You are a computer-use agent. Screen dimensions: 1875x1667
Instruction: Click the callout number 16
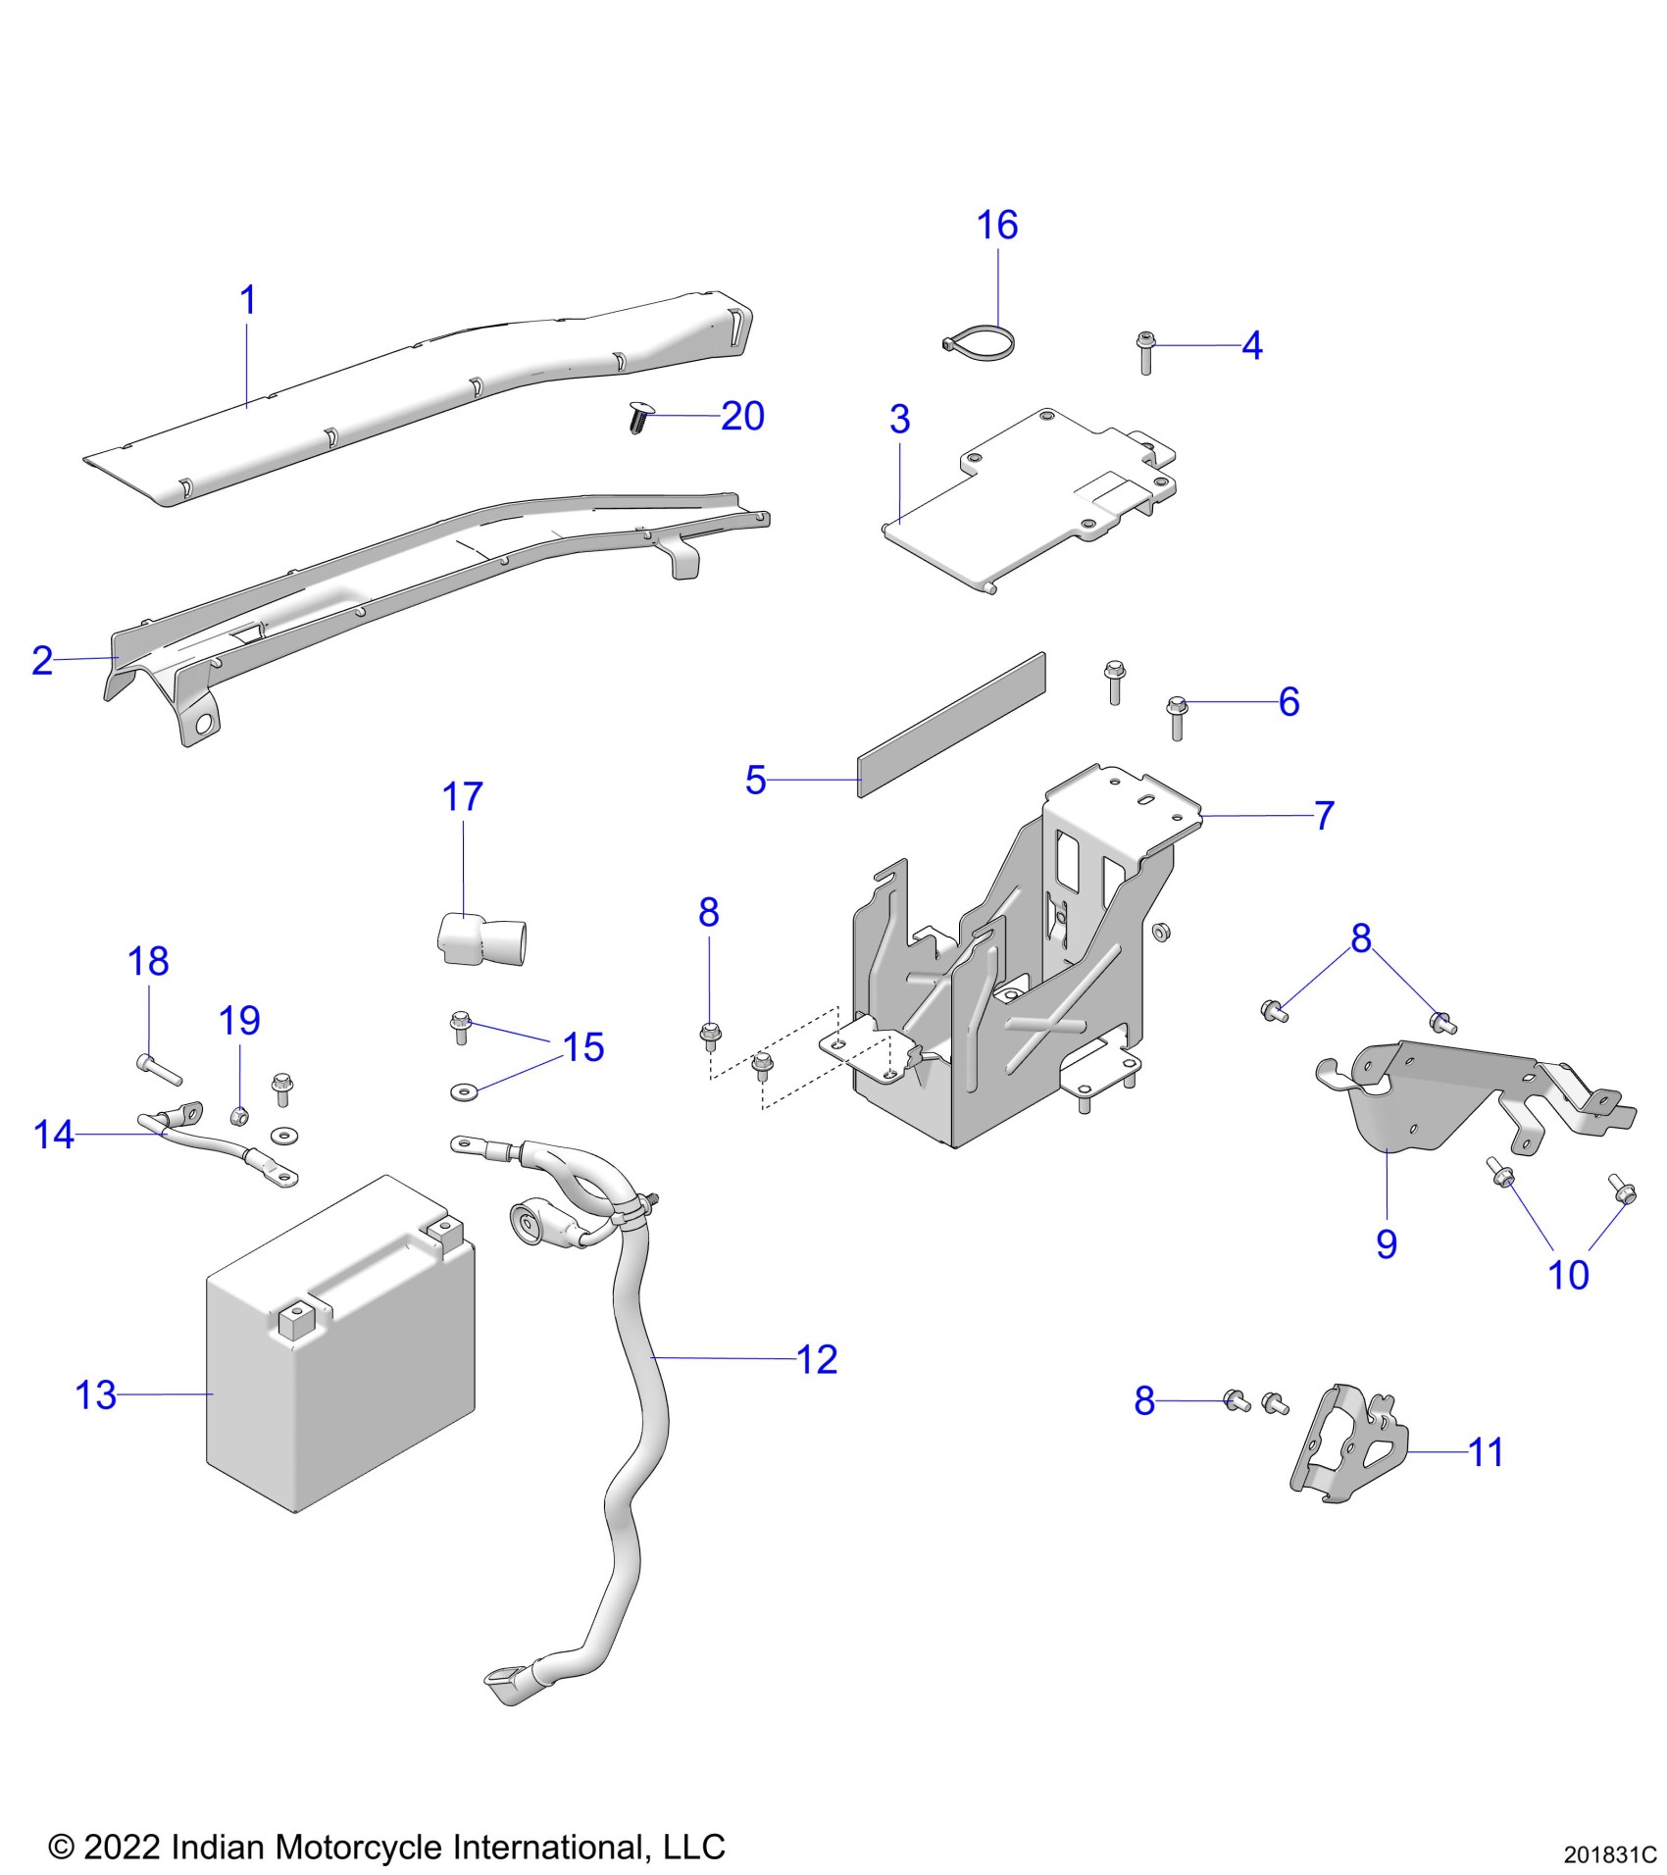coord(997,226)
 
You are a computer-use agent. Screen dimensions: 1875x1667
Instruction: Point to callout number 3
coord(899,420)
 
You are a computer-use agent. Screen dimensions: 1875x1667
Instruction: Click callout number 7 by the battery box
coord(1324,815)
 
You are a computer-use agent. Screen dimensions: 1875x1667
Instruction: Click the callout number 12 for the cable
coord(817,1359)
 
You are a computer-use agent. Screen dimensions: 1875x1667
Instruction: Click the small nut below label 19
coord(236,1115)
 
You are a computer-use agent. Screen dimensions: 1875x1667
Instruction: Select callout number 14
coord(53,1135)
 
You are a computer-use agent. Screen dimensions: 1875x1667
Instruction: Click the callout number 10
coord(1567,1275)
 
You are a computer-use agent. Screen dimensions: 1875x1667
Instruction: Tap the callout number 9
coord(1386,1243)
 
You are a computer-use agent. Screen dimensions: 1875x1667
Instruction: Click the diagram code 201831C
coord(1609,1854)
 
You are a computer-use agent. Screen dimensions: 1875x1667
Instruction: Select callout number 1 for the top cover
coord(248,300)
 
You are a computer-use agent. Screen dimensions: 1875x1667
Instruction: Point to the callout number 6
coord(1288,702)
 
